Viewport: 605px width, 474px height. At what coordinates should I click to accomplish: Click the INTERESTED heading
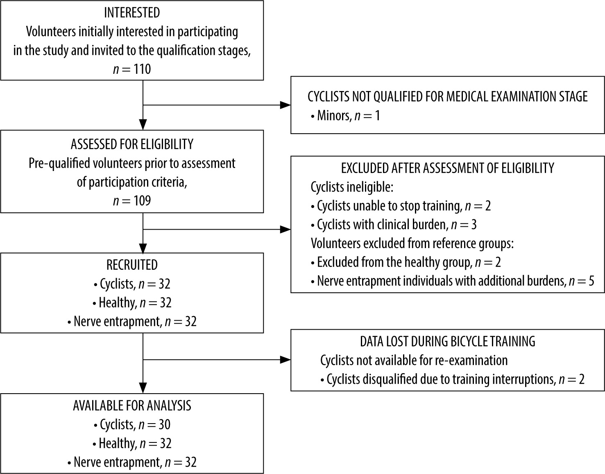point(132,13)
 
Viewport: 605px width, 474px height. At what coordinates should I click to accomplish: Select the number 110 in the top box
point(142,69)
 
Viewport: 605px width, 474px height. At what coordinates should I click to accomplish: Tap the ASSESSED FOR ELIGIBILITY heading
point(132,144)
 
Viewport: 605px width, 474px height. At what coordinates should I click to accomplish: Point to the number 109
point(142,201)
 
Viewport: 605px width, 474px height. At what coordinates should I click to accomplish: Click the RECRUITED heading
point(132,265)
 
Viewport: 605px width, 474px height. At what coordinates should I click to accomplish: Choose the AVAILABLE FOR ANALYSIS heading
point(132,406)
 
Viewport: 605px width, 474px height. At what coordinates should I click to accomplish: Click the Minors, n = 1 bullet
point(345,115)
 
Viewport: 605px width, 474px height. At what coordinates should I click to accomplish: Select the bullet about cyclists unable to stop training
point(401,206)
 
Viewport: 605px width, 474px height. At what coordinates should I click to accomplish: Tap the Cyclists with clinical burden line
point(394,225)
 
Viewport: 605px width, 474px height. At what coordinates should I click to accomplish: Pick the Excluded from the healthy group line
point(406,262)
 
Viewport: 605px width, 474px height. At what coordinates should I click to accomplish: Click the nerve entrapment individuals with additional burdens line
point(453,281)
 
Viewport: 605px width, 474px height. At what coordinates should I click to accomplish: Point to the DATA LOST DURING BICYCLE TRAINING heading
point(448,342)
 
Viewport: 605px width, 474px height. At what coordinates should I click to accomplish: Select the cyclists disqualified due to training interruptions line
point(453,379)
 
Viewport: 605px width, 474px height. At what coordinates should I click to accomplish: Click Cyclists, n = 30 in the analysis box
point(132,425)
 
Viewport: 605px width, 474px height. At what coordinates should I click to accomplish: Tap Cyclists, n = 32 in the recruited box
point(132,284)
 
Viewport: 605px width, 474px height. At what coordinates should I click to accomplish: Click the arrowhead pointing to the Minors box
point(285,105)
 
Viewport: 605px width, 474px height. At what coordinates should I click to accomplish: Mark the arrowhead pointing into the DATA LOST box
point(285,360)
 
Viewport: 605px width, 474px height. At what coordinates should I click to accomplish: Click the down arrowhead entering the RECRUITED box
point(143,248)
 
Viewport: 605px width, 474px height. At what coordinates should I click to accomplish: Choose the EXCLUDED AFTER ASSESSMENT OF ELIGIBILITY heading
point(448,168)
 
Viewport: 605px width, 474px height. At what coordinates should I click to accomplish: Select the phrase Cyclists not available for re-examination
point(414,360)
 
